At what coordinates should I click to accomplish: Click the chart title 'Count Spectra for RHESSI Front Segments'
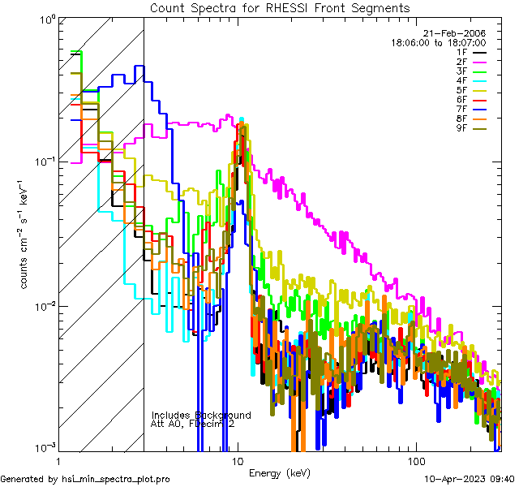coord(279,7)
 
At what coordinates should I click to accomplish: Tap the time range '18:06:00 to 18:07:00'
coord(438,42)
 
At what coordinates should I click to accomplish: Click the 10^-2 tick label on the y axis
coord(43,305)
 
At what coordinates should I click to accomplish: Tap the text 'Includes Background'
coord(201,415)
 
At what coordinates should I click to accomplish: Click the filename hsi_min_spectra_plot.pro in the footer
coord(116,480)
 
